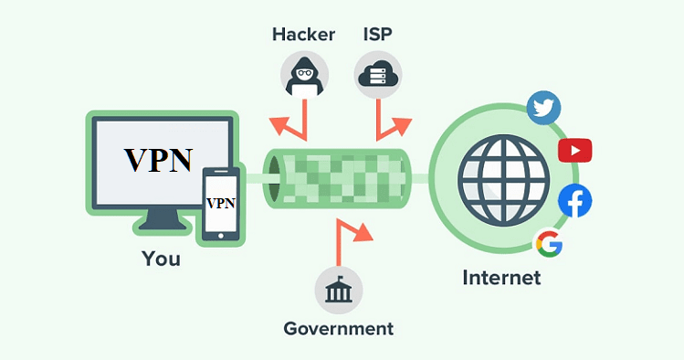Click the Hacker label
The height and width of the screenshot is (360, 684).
(x=303, y=35)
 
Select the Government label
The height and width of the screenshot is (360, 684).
(x=338, y=328)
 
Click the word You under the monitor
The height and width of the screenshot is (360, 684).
(x=161, y=259)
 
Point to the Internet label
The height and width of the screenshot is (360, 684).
(x=501, y=277)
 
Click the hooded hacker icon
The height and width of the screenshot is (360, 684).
(x=303, y=72)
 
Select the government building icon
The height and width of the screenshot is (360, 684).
(x=338, y=291)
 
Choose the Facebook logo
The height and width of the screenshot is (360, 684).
(x=574, y=201)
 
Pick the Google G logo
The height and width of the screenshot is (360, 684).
(x=548, y=243)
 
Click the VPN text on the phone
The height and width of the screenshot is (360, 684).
(x=219, y=202)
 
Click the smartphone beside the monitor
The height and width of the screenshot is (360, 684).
(x=220, y=204)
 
